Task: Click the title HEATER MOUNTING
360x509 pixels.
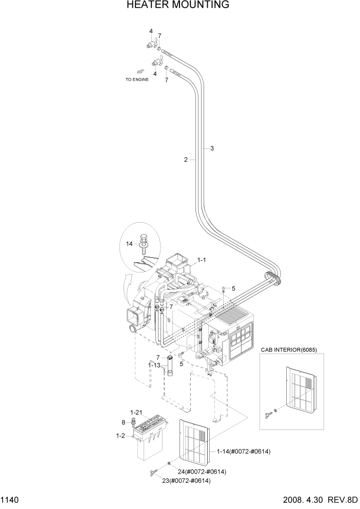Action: (177, 6)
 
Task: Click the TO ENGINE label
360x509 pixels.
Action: (137, 80)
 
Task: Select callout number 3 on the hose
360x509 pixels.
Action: (211, 148)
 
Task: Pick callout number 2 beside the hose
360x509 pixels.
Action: (186, 160)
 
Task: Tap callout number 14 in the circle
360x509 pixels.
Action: (129, 244)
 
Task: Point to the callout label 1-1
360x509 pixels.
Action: (202, 261)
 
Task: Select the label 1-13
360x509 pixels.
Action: (154, 365)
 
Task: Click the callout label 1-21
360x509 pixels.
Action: (135, 412)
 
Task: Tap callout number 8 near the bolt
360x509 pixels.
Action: (123, 422)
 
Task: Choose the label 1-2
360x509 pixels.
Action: (121, 436)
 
